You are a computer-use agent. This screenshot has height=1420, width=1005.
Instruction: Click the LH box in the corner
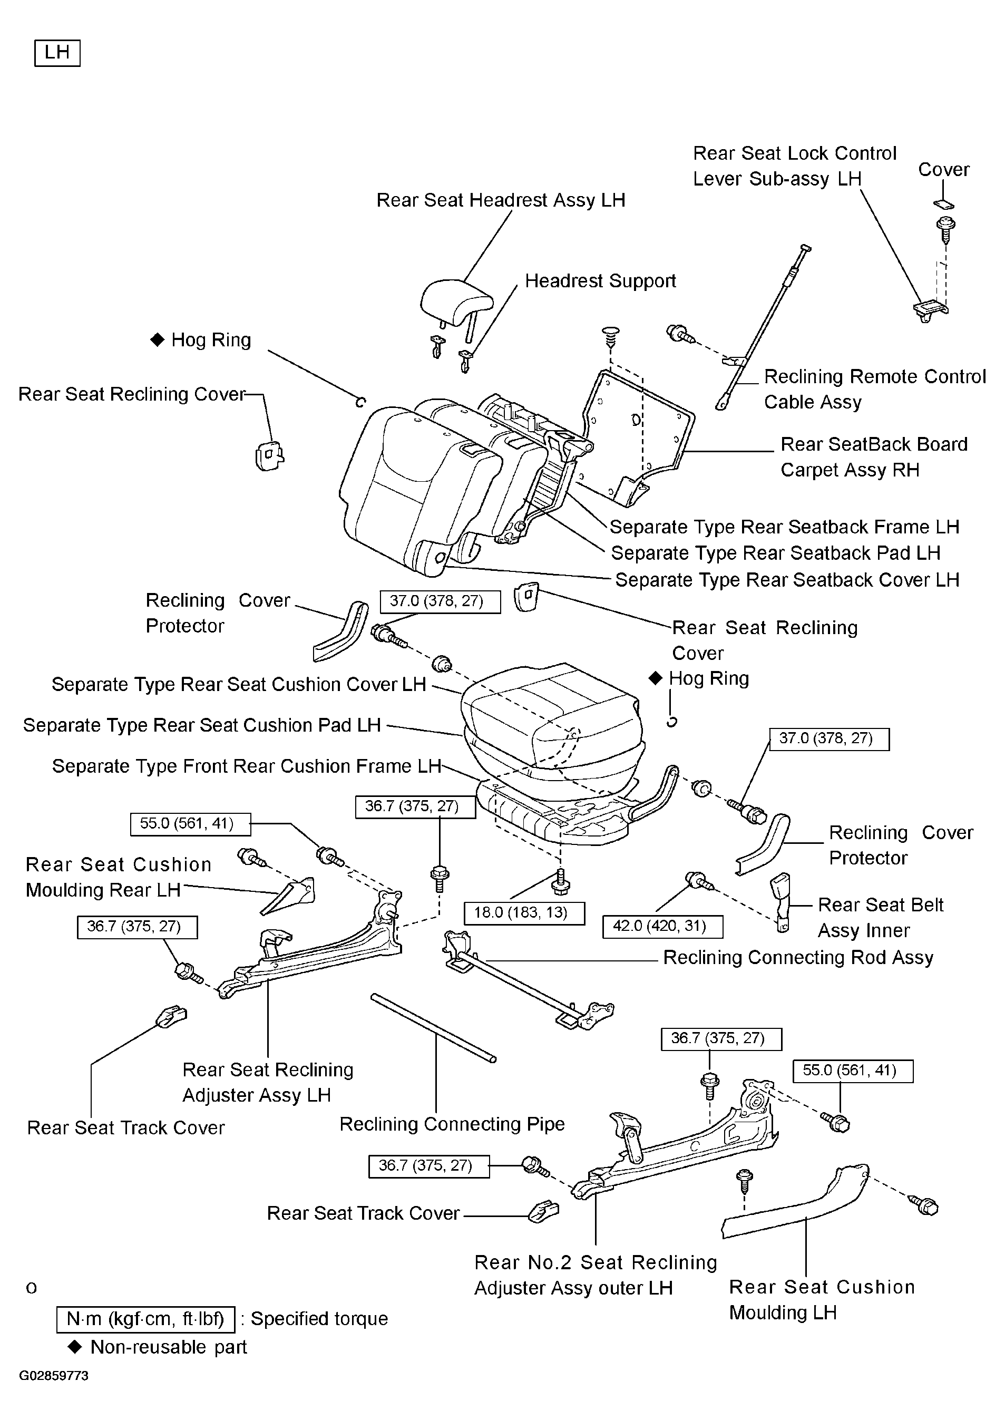click(x=57, y=53)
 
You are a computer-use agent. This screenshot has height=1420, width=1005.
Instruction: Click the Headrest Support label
click(x=600, y=281)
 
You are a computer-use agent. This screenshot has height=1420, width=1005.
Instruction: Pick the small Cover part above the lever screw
click(x=943, y=205)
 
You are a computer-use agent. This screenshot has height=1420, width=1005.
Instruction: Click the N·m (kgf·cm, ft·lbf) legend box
click(x=146, y=1319)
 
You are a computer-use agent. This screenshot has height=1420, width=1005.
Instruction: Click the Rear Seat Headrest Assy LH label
click(x=501, y=200)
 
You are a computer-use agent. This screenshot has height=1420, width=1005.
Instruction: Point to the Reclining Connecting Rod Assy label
click(x=798, y=958)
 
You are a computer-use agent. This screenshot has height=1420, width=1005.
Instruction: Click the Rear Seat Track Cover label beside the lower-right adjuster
click(x=363, y=1213)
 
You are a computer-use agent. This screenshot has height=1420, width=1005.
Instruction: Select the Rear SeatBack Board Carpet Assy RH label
click(x=874, y=457)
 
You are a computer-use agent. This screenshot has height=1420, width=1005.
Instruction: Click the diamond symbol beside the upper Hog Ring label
click(x=158, y=339)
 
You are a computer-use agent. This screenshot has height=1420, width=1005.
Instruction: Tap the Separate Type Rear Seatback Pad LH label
click(x=775, y=553)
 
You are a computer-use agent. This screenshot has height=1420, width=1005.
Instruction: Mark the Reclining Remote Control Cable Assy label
click(x=874, y=389)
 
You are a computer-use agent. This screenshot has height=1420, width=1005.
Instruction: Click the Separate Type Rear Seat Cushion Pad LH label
click(x=202, y=725)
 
